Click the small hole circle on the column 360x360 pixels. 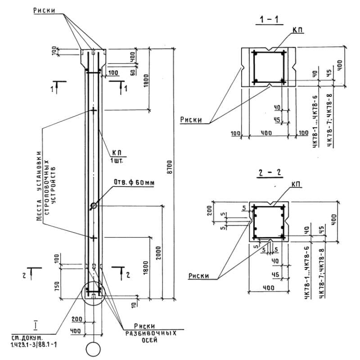click(x=93, y=206)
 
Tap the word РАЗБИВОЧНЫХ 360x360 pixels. click(x=150, y=333)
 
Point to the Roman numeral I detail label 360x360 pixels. click(x=35, y=324)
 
